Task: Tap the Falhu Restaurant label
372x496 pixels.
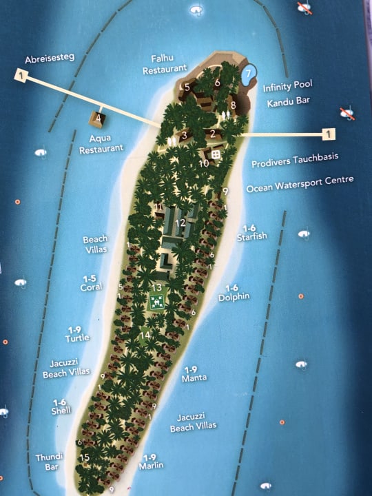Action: tap(165, 64)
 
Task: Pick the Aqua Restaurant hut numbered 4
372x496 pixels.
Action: tap(98, 118)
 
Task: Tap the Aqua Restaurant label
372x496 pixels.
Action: tap(101, 143)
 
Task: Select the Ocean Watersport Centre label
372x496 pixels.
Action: tap(300, 180)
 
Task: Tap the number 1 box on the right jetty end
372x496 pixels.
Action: tap(330, 133)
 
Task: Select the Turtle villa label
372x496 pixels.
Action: tap(77, 333)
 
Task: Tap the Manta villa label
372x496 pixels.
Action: tap(194, 373)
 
